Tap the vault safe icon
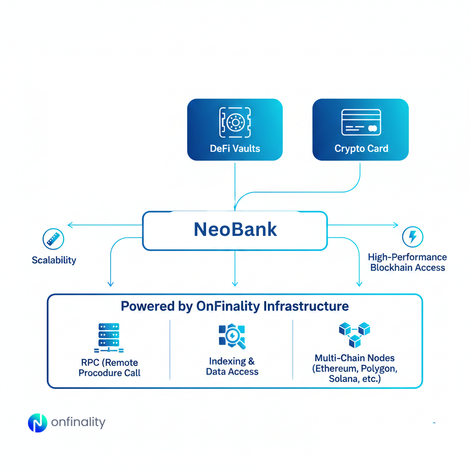(235, 122)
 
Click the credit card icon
(361, 122)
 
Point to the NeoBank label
(235, 229)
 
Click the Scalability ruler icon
(53, 239)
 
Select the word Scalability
(54, 260)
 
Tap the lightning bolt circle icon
(412, 237)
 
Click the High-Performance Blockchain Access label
(407, 262)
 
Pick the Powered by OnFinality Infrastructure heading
(235, 306)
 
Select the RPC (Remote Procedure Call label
(109, 367)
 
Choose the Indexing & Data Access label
(232, 366)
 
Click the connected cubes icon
(354, 334)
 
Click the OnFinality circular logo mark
(37, 423)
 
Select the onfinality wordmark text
(78, 422)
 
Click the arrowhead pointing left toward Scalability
(69, 225)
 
